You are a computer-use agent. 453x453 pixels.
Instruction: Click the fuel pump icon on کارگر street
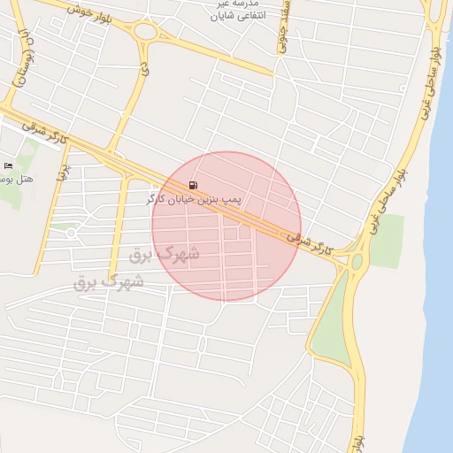(x=193, y=186)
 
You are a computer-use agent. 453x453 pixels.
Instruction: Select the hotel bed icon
(x=9, y=165)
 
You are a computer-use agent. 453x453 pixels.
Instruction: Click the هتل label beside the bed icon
(x=18, y=180)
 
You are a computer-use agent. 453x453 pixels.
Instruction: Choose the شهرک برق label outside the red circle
(x=109, y=282)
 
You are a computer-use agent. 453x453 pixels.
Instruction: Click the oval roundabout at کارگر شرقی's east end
(x=357, y=261)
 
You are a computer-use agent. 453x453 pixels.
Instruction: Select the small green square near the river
(x=386, y=241)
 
